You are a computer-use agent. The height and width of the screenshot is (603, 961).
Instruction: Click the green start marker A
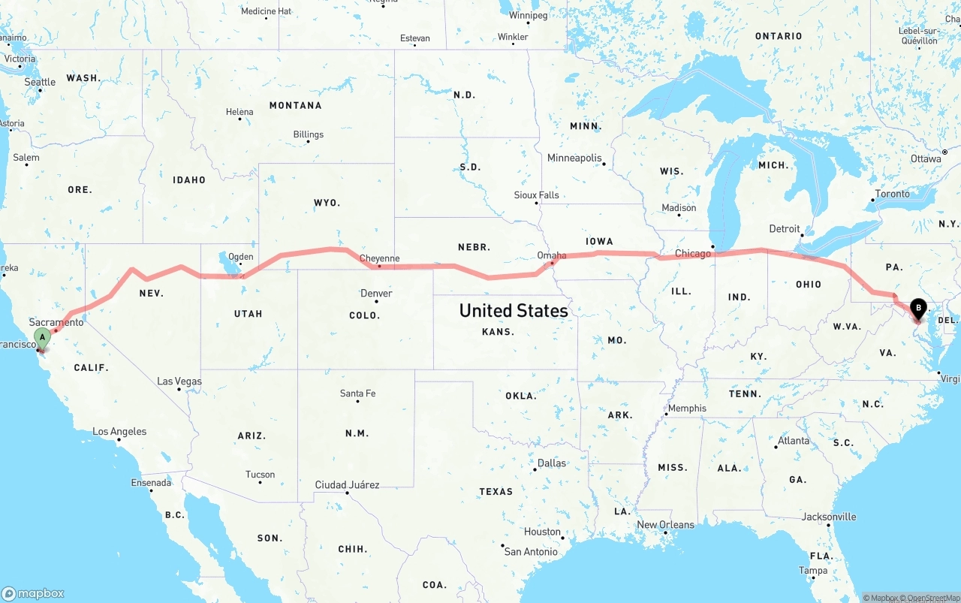click(42, 338)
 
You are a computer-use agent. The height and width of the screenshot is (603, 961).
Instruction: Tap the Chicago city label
click(692, 254)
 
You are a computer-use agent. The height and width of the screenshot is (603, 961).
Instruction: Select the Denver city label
click(376, 293)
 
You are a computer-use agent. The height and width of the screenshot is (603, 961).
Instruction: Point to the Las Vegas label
click(179, 381)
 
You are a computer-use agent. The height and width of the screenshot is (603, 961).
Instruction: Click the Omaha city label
click(552, 255)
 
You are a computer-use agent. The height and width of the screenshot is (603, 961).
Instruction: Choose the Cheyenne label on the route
click(379, 258)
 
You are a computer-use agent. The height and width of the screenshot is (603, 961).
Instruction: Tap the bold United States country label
click(514, 310)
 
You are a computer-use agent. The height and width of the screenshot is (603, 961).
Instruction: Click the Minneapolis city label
click(574, 158)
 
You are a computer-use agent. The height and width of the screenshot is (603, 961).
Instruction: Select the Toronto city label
click(892, 194)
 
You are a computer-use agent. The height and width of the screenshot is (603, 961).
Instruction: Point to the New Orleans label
click(665, 524)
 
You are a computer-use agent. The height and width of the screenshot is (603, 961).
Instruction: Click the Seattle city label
click(40, 82)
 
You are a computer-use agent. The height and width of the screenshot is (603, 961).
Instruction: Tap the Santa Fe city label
click(357, 393)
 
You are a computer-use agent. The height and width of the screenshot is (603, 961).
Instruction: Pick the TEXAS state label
click(496, 492)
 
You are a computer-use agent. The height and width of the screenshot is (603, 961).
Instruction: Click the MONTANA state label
click(296, 106)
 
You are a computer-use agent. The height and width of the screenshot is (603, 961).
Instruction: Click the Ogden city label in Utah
click(240, 257)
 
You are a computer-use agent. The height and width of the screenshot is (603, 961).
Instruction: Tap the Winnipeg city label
click(529, 15)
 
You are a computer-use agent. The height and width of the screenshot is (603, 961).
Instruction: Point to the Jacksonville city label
click(829, 517)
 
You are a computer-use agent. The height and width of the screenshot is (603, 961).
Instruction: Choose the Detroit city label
click(785, 229)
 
